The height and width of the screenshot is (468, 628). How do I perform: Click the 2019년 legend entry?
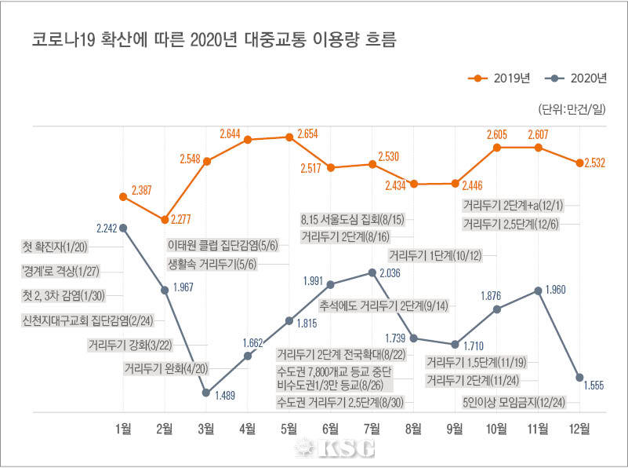point(499,78)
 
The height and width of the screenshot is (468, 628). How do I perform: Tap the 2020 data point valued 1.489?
point(206,392)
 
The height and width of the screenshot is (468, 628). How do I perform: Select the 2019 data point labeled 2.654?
point(289,137)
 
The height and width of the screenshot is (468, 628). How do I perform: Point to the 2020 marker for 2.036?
point(372,272)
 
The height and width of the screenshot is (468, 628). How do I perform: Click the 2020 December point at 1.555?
point(579,377)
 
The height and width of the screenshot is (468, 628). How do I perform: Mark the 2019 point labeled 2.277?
point(165,219)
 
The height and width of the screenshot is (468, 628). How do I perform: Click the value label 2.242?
point(107,228)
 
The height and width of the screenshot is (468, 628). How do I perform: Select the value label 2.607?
point(539,135)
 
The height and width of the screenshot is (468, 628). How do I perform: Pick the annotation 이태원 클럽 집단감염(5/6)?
point(228,244)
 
